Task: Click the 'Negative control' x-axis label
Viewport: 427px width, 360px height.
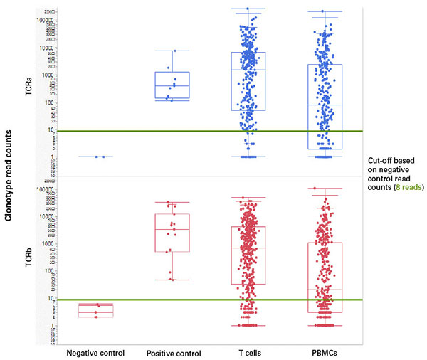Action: click(95, 352)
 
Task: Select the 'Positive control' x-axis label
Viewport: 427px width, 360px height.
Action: click(174, 353)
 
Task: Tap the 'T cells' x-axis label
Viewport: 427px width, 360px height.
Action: click(249, 352)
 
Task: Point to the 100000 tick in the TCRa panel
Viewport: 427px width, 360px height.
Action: click(49, 20)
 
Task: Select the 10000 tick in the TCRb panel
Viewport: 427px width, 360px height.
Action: click(50, 216)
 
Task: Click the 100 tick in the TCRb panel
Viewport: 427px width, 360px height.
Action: click(52, 270)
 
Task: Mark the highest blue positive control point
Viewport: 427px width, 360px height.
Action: click(176, 51)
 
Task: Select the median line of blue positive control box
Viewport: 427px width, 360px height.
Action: click(176, 86)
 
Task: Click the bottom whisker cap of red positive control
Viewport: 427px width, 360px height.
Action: click(176, 280)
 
